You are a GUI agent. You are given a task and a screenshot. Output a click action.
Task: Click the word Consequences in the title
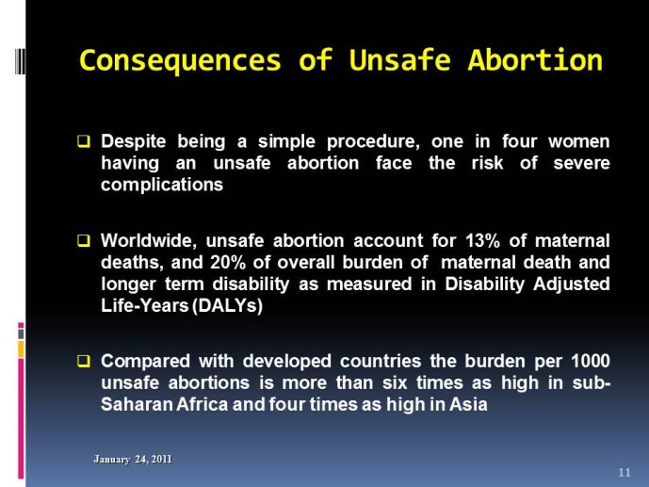180,60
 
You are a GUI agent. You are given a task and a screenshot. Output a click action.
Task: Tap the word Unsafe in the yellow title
399,59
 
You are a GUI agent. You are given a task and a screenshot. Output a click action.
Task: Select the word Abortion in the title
535,59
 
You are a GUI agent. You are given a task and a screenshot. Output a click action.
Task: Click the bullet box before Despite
83,141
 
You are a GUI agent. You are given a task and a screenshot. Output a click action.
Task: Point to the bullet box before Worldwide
83,240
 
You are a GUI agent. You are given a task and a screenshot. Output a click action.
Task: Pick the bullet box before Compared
83,361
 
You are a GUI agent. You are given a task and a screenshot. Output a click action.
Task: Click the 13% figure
482,240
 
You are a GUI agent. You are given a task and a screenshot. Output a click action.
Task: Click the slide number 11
625,472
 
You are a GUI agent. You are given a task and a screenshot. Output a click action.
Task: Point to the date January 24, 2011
133,460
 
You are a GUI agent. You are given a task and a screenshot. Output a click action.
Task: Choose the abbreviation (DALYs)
227,306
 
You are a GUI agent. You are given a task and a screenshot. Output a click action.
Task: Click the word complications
162,185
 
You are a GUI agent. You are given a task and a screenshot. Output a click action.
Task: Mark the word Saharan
137,404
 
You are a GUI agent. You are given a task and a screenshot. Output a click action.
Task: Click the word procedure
373,142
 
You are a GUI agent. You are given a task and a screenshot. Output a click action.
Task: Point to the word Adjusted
572,284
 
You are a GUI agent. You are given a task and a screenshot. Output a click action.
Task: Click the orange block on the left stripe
21,349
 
